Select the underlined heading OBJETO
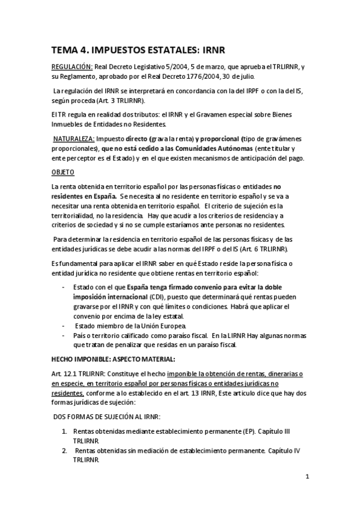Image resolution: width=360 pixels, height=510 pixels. (61, 172)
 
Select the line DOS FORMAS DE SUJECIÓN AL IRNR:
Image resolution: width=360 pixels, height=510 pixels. (103, 416)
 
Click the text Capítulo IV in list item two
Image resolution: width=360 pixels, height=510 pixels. (284, 450)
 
